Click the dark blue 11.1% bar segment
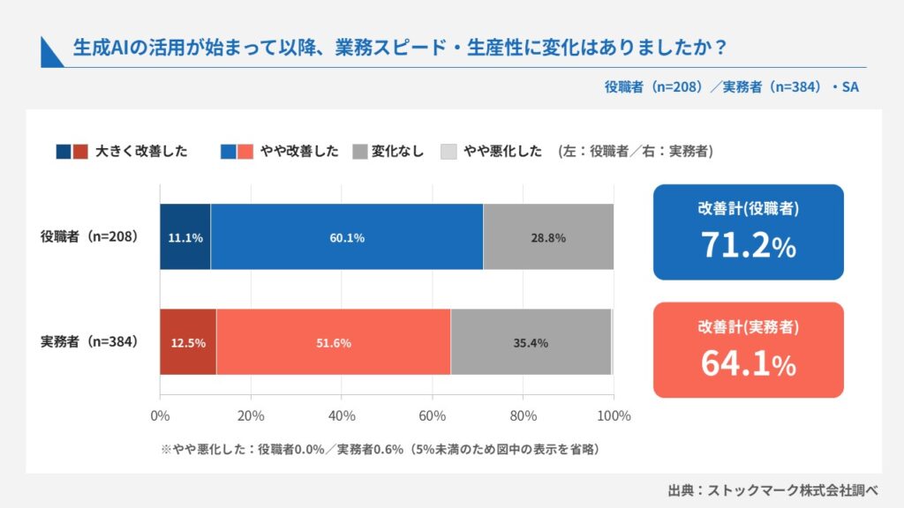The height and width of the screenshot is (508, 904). tap(185, 236)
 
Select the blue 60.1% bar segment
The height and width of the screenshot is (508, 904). tap(347, 236)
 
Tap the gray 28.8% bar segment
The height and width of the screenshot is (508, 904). tap(548, 236)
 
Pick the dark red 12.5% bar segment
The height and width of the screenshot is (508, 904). tap(188, 342)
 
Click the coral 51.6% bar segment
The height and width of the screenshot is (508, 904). tap(334, 342)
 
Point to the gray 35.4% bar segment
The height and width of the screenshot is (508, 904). tap(531, 342)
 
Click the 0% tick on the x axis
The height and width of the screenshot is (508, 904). tap(160, 415)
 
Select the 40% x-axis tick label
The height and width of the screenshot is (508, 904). tap(342, 415)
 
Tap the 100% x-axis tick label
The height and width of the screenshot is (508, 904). tap(614, 415)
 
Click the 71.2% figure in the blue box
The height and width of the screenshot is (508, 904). tap(749, 245)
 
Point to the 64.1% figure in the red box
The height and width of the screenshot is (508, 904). tap(749, 362)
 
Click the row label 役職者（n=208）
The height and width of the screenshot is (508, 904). tap(89, 236)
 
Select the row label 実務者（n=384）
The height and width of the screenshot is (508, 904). tap(89, 341)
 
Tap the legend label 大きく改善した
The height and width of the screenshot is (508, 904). tap(141, 151)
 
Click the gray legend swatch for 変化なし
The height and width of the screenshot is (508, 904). tap(360, 152)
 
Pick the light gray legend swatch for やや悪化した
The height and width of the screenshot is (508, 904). tap(448, 152)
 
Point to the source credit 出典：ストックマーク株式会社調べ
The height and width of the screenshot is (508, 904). tap(773, 490)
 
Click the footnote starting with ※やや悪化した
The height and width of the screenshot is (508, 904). tap(380, 449)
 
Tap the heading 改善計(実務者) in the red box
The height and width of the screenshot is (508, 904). tap(749, 326)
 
